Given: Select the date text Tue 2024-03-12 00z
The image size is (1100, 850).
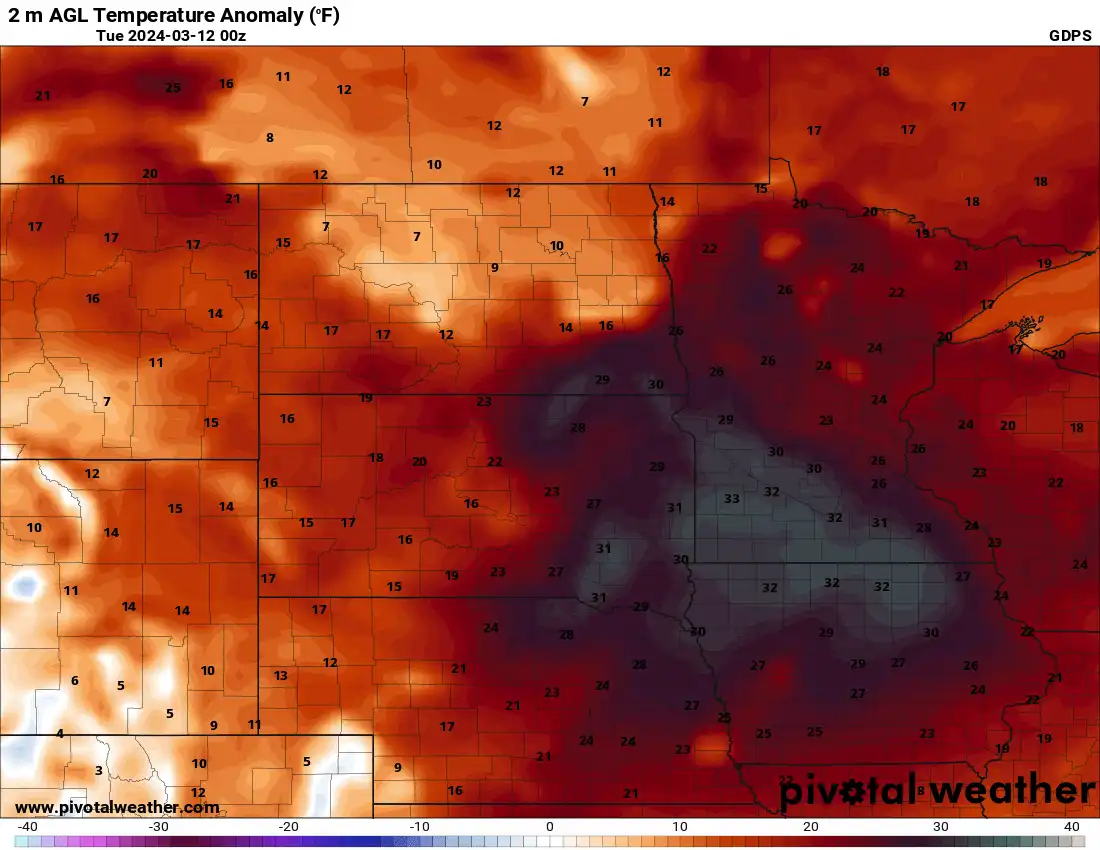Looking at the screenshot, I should click(x=171, y=35).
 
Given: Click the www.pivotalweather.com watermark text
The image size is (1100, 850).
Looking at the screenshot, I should click(x=117, y=807).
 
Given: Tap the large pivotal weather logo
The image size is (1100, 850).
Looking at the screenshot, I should click(x=937, y=791).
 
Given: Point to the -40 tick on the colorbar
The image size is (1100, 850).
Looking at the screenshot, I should click(x=28, y=826).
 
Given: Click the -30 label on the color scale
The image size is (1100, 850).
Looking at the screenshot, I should click(x=158, y=826).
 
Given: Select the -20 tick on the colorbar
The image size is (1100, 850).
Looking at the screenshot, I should click(x=289, y=826).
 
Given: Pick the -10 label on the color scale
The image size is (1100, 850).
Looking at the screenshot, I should click(x=420, y=826).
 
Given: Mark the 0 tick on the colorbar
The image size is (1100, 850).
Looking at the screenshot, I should click(x=550, y=826).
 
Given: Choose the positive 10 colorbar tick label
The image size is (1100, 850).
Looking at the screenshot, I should click(x=680, y=826).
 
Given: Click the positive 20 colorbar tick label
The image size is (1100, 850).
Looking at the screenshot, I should click(x=810, y=826).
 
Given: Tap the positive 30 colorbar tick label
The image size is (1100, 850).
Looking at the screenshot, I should click(x=941, y=826).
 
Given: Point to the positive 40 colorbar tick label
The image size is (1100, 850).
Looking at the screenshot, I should click(x=1071, y=826).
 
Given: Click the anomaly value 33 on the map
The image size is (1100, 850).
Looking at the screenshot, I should click(x=732, y=499).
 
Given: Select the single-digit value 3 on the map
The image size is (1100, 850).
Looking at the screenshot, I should click(x=98, y=770).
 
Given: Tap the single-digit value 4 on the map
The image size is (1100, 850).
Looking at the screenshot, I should click(x=60, y=733).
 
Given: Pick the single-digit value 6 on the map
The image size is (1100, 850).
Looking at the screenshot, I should click(x=74, y=681).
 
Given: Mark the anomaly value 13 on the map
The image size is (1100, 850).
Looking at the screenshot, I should click(x=281, y=676).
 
